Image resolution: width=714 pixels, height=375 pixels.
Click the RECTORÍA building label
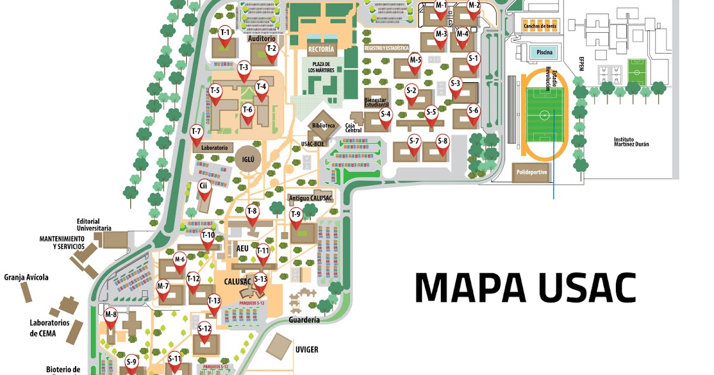(322, 49)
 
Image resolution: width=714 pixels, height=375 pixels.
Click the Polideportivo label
(530, 173)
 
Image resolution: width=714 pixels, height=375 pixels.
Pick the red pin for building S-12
(204, 333)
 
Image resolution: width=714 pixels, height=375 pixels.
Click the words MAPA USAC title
(525, 287)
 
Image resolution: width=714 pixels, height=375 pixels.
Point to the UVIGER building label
(306, 349)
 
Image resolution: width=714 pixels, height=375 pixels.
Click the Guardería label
(304, 320)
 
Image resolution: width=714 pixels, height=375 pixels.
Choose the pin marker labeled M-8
(111, 318)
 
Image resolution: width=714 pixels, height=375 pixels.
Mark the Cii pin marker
(203, 190)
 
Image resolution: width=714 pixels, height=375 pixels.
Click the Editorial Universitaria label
(93, 224)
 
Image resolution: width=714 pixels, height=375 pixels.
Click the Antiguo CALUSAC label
(310, 198)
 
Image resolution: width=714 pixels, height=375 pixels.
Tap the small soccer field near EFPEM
(637, 72)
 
